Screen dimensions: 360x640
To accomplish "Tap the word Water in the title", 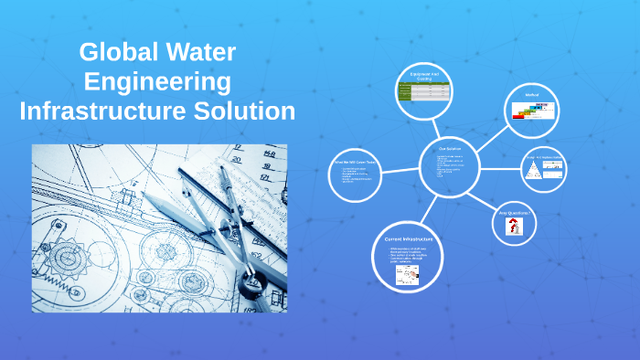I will (x=201, y=52).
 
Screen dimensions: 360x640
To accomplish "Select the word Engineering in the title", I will (x=157, y=82).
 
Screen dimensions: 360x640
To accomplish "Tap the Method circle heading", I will (x=532, y=94).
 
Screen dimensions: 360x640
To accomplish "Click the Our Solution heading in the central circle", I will (x=450, y=148).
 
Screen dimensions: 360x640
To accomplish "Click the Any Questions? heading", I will (x=515, y=214).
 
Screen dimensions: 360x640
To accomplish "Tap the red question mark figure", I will (x=515, y=228).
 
